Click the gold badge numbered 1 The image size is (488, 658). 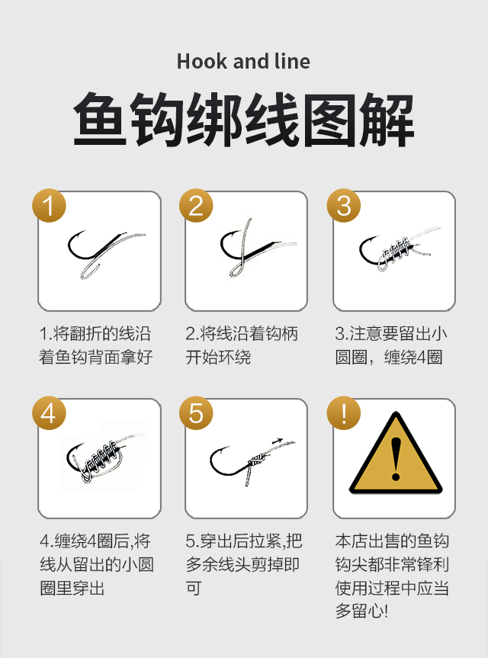click(49, 205)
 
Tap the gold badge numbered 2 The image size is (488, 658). click(196, 205)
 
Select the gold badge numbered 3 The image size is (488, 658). click(344, 205)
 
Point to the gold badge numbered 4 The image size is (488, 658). click(49, 413)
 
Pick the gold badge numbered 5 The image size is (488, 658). click(196, 413)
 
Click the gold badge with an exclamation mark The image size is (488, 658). click(344, 413)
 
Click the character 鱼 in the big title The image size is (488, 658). click(100, 120)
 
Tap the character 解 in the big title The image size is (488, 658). click(387, 120)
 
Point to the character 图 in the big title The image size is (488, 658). click(329, 120)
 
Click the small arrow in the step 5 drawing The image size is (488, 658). click(278, 441)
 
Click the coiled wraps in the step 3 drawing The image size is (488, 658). click(394, 252)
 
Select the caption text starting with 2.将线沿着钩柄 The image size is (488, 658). click(242, 345)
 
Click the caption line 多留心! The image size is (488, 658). click(361, 611)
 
